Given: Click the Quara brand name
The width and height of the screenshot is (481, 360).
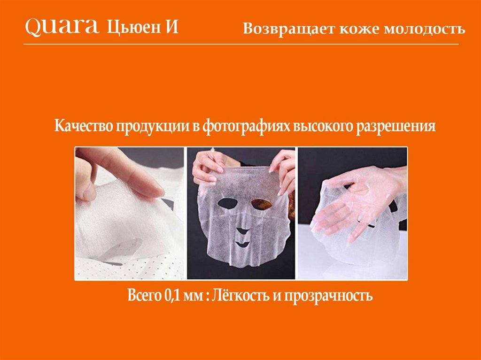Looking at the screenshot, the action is pos(62,27).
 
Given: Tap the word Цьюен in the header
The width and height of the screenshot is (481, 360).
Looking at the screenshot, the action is pos(134,27).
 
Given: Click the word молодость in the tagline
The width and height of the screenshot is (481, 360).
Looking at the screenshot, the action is pos(425,28).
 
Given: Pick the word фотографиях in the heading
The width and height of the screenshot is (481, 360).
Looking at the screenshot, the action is pos(246,126).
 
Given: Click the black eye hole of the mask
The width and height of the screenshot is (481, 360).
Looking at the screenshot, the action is pos(228,203).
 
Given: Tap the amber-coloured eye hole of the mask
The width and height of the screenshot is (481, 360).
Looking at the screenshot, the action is pos(261,204).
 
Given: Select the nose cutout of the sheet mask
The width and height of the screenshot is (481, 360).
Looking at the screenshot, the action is pos(243,230).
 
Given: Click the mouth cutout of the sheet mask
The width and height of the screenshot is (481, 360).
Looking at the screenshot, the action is pos(242,244).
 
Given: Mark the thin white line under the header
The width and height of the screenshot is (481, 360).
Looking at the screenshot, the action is pos(241,44).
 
